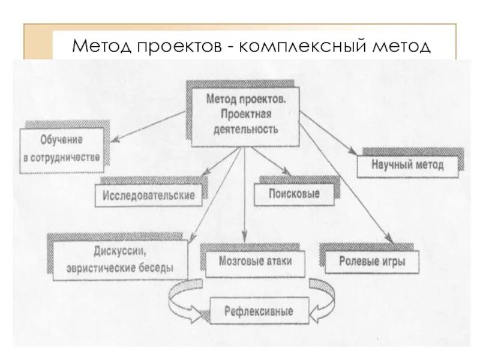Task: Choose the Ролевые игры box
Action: click(x=371, y=262)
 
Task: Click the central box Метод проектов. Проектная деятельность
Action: click(x=244, y=114)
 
